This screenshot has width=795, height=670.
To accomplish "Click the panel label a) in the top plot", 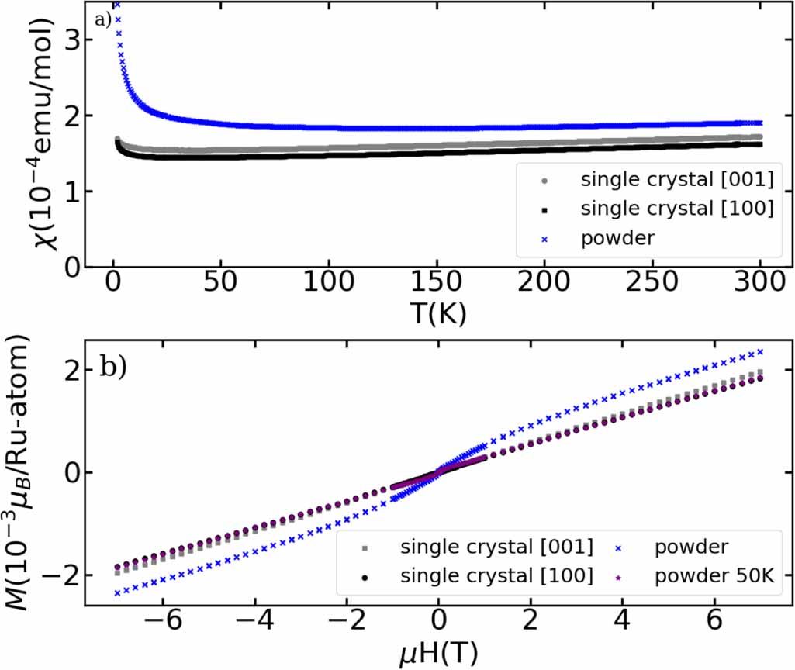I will coord(104,19).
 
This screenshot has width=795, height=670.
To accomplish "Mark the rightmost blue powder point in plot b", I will coord(761,351).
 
